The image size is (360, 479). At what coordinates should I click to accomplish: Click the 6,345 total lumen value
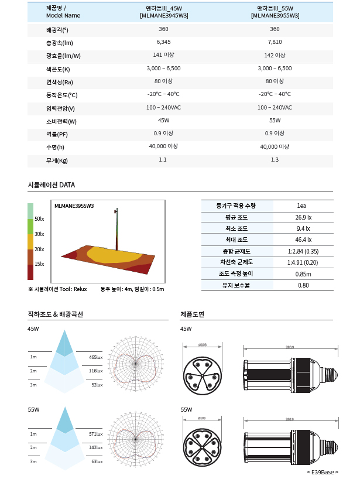click(x=163, y=42)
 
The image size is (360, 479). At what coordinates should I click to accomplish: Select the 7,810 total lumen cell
click(x=275, y=42)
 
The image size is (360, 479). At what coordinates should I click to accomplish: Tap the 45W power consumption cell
click(x=163, y=121)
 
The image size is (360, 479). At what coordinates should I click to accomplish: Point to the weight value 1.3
click(x=275, y=160)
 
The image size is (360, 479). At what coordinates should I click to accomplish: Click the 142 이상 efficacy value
click(x=275, y=55)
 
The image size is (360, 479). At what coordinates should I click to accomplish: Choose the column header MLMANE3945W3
click(x=164, y=16)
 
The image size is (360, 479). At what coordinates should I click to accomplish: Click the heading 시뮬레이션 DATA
click(x=52, y=185)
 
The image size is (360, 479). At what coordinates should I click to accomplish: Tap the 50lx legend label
click(x=39, y=218)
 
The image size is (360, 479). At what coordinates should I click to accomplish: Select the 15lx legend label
click(x=39, y=264)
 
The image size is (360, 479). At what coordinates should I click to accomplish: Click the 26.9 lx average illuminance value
click(x=303, y=217)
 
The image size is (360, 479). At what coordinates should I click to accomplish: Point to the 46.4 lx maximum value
click(x=303, y=239)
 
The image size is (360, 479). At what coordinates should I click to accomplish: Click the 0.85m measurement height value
click(x=303, y=273)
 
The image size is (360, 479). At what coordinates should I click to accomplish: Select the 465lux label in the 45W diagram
click(x=95, y=357)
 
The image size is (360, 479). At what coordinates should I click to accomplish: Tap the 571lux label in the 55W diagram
click(x=95, y=434)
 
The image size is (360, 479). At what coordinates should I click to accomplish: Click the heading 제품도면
click(x=192, y=314)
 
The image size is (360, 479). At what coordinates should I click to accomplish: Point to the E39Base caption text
click(x=322, y=472)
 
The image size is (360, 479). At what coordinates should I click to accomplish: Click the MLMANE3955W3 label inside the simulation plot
click(x=74, y=206)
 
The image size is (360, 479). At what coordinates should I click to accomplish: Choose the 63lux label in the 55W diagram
click(x=97, y=462)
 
